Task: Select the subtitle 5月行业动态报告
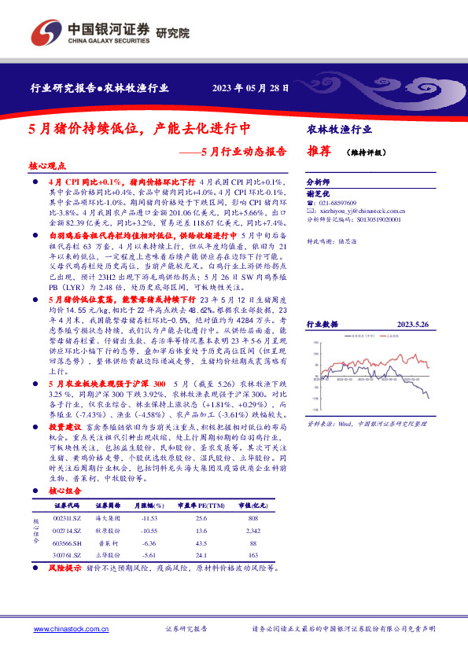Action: tap(241, 152)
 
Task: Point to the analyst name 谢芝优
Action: tap(317, 193)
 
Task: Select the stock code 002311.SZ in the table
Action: tap(66, 518)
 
